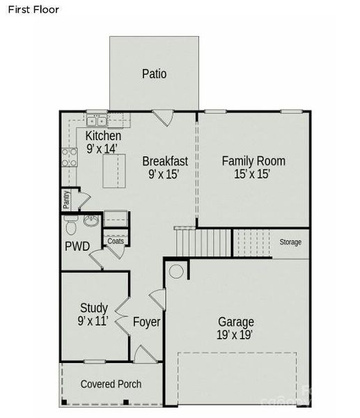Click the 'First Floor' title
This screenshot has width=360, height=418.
[34, 10]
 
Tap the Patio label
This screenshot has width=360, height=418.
[154, 73]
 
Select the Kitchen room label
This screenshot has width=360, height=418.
[103, 136]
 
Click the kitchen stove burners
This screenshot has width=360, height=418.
[69, 157]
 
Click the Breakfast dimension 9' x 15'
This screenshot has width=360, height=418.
[164, 175]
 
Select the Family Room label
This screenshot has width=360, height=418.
[253, 161]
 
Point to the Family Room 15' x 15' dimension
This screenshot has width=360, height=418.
[253, 175]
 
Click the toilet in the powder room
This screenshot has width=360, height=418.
[70, 226]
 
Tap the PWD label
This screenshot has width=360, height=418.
[77, 246]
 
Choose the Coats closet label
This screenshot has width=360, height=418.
[116, 242]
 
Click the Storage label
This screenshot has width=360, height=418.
[290, 242]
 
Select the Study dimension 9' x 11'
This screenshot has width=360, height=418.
[93, 321]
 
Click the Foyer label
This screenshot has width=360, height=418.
[147, 323]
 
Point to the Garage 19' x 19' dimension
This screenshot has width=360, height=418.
[236, 335]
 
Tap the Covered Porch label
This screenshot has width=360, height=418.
[111, 384]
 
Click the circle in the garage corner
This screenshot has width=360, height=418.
[176, 271]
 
